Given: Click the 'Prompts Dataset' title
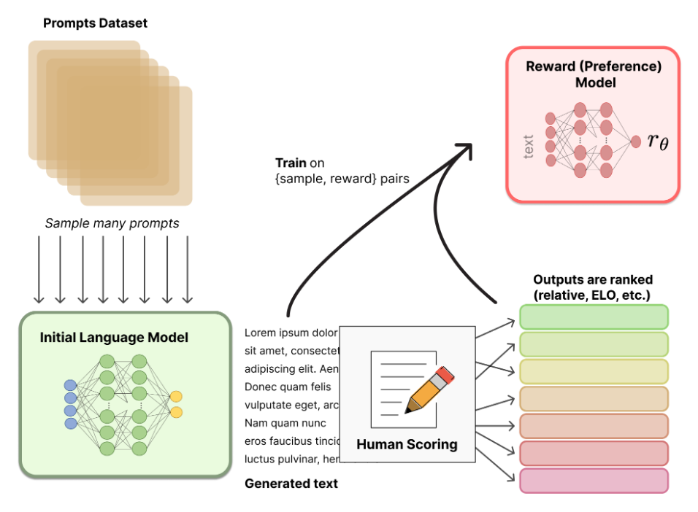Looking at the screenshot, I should [x=95, y=23].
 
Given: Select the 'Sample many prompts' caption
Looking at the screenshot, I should [x=112, y=223].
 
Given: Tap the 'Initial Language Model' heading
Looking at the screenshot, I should [x=114, y=338].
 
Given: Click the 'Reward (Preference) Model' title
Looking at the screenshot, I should [x=594, y=74].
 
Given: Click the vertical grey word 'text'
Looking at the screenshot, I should [x=529, y=144].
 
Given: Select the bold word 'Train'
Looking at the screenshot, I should [x=291, y=163].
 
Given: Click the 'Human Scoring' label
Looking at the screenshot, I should [x=407, y=444].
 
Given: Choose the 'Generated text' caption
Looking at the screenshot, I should [x=291, y=483].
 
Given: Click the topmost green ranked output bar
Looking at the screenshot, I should [x=594, y=317].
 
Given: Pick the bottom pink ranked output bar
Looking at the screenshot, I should [x=594, y=480].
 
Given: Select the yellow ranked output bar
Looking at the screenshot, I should [x=594, y=371].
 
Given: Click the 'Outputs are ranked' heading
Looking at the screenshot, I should [x=593, y=280].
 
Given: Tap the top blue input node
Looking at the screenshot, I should [x=70, y=385].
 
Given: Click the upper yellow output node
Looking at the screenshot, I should [x=176, y=397].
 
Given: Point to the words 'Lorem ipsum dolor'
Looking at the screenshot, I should [x=291, y=333].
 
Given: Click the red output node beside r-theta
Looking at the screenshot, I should [x=636, y=141].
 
